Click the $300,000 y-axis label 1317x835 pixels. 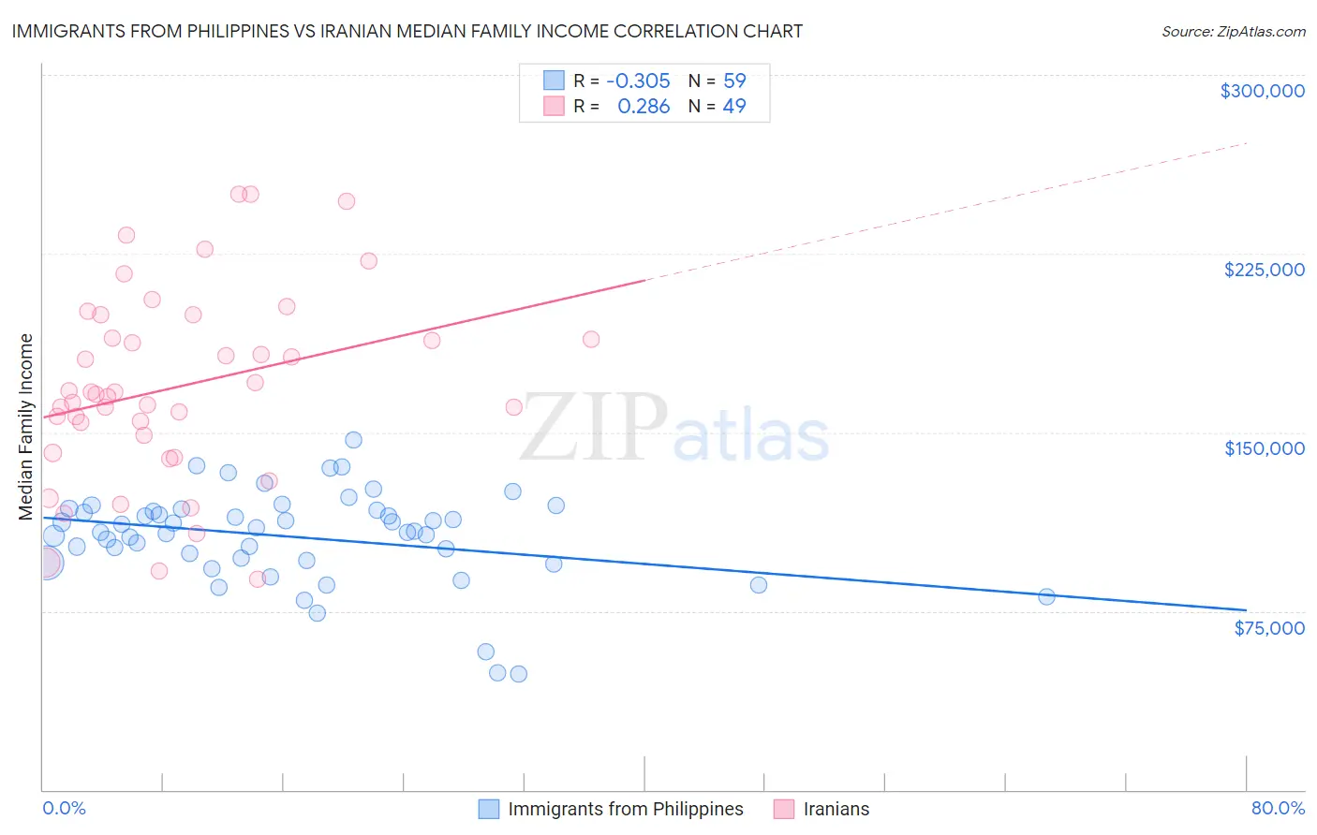click(1262, 91)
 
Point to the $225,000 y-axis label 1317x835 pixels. click(1264, 270)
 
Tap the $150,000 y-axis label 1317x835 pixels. click(1264, 448)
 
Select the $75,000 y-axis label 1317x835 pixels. click(1268, 628)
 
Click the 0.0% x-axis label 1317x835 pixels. click(64, 809)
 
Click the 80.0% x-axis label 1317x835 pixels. click(1278, 809)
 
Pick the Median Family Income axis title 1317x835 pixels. click(26, 427)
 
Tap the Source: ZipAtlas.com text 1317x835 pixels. click(1233, 32)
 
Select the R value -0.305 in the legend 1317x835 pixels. click(638, 81)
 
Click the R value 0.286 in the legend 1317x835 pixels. click(644, 107)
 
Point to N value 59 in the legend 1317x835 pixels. click(734, 81)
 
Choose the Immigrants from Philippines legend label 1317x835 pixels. click(625, 809)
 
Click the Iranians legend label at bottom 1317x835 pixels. click(836, 809)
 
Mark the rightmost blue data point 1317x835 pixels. click(1046, 596)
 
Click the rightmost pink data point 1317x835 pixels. click(590, 339)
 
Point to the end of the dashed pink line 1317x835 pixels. click(1246, 143)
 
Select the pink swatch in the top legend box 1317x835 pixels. click(554, 107)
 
